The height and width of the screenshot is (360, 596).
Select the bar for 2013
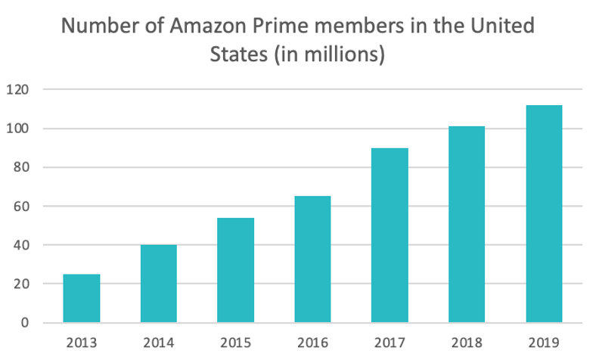82,298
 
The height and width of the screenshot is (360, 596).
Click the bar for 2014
159,284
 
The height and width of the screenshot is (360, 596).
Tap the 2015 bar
235,270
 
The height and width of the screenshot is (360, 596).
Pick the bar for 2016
312,259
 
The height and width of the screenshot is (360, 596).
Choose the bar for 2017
390,235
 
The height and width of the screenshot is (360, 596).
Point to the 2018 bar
466,225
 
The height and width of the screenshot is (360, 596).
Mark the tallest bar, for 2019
543,214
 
